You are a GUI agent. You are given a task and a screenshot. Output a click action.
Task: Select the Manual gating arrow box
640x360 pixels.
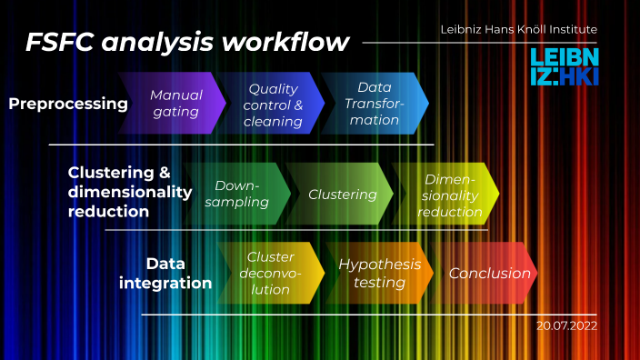point(176,104)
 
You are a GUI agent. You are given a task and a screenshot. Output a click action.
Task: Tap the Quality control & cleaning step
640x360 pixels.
point(275,104)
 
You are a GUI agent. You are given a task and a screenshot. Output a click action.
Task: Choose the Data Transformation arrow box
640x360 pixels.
point(374,104)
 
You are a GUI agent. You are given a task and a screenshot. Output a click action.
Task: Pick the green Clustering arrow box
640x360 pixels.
point(342,194)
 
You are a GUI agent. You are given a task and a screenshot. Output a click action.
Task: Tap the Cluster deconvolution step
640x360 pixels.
point(271,273)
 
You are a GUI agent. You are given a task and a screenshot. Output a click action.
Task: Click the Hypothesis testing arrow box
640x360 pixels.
point(380,273)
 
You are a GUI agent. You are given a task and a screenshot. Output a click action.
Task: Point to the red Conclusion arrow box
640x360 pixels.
point(489,273)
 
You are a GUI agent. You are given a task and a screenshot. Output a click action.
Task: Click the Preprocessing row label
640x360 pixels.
point(68,104)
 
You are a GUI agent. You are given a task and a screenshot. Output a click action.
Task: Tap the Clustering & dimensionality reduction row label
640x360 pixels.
point(130,192)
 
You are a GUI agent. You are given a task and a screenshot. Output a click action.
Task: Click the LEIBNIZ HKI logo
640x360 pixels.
point(564,67)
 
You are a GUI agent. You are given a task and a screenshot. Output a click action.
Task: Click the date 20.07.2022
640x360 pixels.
point(566,325)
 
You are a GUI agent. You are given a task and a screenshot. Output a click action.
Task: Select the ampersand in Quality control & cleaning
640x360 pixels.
point(297,104)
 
